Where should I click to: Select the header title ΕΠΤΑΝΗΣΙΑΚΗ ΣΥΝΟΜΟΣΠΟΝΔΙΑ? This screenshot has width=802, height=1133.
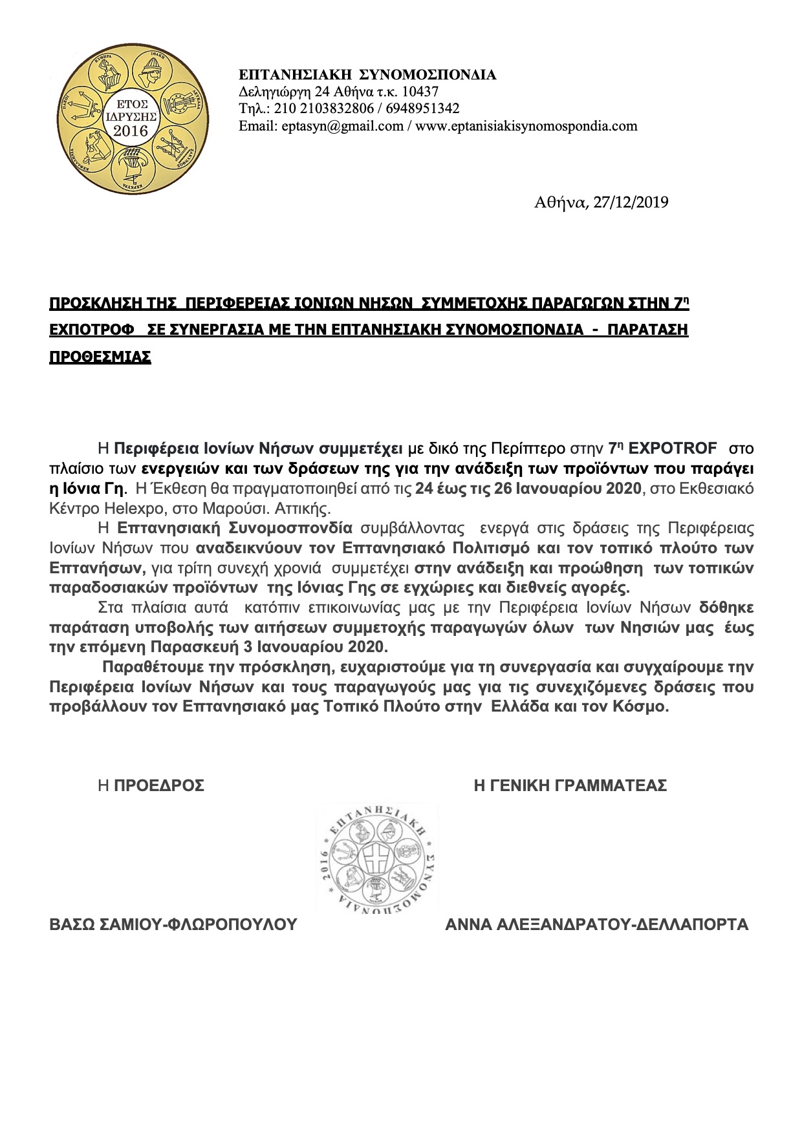(x=367, y=75)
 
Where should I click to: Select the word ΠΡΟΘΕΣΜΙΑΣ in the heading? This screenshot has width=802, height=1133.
(x=100, y=357)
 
